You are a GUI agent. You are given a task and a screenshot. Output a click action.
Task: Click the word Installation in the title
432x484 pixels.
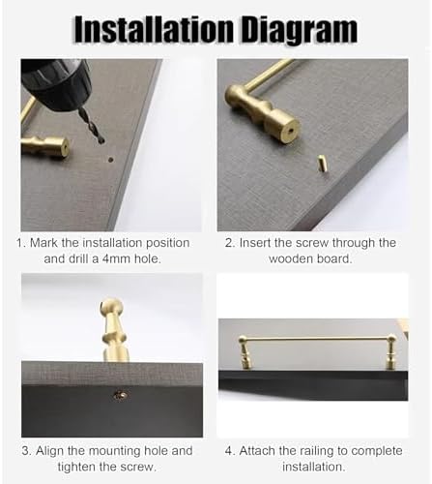point(155,30)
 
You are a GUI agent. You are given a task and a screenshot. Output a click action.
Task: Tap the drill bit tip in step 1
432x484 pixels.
point(101,141)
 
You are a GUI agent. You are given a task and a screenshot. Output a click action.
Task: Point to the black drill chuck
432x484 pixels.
point(55,83)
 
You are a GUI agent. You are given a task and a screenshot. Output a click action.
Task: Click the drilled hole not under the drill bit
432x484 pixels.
point(110,160)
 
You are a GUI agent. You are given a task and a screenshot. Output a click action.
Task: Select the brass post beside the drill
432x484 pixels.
point(45,146)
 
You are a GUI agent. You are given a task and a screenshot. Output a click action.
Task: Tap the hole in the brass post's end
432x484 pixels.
point(291,131)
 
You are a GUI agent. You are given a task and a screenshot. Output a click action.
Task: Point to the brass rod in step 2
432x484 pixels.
point(268,75)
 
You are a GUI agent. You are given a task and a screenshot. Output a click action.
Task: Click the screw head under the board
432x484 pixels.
point(120,394)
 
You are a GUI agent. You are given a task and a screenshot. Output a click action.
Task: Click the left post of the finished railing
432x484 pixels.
point(245,352)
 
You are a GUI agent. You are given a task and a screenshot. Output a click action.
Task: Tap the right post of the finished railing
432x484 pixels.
point(390,352)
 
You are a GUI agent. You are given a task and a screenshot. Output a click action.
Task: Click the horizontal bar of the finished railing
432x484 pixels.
point(318,339)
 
